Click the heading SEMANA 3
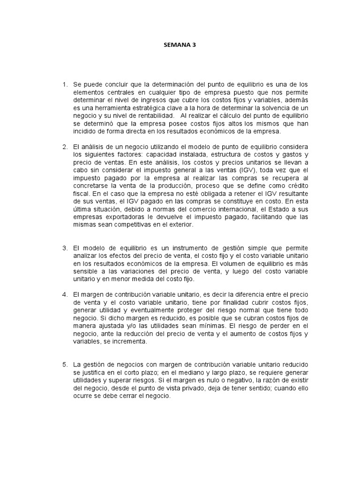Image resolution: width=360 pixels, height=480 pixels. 180,45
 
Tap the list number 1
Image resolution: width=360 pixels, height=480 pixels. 65,84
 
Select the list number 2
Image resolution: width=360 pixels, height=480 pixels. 65,147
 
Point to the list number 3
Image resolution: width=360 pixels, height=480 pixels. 65,247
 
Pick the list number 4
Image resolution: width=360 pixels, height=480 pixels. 65,294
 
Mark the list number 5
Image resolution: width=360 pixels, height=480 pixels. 65,365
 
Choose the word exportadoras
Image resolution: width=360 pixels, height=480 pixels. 120,217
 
